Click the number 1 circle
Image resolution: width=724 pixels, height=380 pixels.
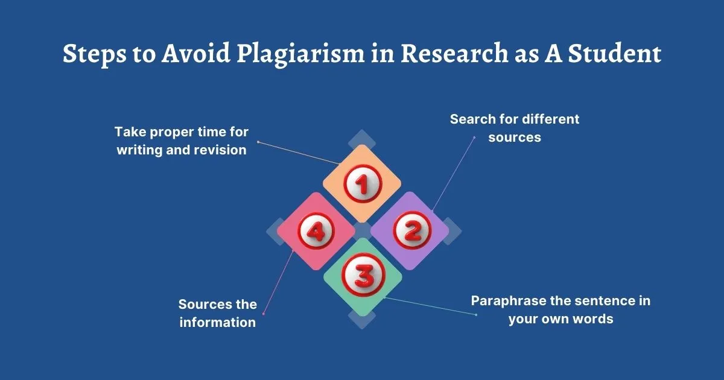coord(363,184)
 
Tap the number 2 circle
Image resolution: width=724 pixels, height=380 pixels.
coord(412,230)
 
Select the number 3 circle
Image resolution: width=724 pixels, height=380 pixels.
coord(364,274)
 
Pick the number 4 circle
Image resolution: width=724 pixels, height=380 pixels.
coord(316,232)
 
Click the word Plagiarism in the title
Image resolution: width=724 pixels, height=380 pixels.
coord(300,54)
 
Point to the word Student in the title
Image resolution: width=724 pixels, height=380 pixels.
coord(615,53)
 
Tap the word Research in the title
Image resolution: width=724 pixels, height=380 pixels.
coord(454,53)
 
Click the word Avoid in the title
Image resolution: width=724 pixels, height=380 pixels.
coord(196,53)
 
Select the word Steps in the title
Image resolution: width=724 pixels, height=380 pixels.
coord(94,54)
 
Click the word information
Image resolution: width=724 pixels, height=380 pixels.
coord(218,322)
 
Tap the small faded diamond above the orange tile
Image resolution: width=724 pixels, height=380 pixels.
coord(362,139)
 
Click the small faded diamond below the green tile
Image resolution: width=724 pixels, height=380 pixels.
coord(362,319)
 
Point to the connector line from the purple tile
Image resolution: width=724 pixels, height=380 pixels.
coord(453,174)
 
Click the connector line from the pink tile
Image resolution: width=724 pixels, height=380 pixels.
coord(278,282)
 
